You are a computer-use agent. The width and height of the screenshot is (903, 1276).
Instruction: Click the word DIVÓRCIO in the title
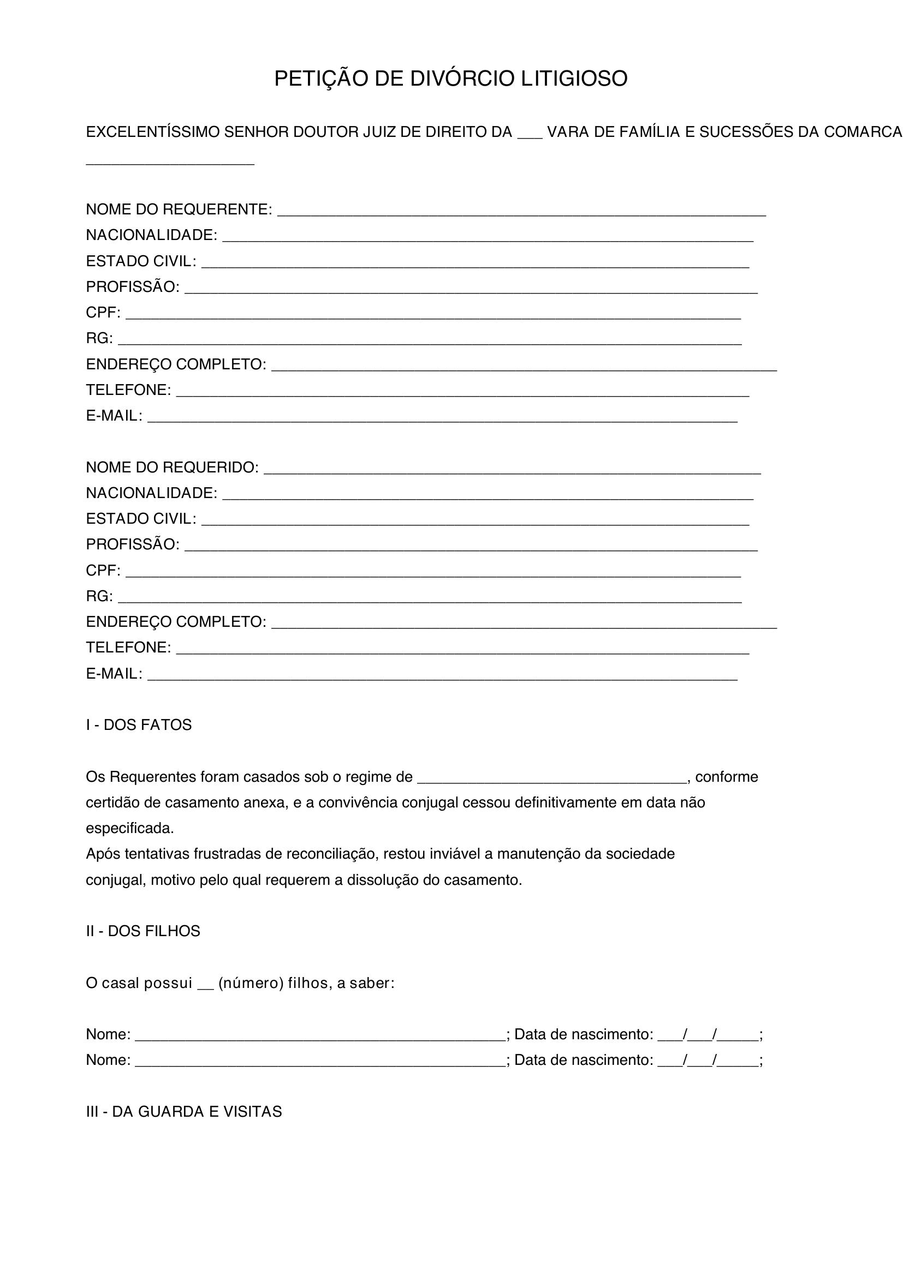pyautogui.click(x=462, y=79)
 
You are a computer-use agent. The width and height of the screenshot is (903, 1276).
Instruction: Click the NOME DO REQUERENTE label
pyautogui.click(x=179, y=209)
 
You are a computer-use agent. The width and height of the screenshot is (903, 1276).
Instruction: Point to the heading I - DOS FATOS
pyautogui.click(x=139, y=724)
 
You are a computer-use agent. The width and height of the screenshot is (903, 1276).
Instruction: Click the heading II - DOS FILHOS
pyautogui.click(x=143, y=931)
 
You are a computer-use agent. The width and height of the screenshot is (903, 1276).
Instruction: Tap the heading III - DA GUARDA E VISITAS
pyautogui.click(x=183, y=1111)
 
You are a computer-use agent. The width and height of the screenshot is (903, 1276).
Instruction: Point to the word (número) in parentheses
pyautogui.click(x=251, y=983)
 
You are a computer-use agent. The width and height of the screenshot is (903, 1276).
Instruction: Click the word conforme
pyautogui.click(x=727, y=777)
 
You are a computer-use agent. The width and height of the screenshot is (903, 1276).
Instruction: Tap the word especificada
pyautogui.click(x=129, y=829)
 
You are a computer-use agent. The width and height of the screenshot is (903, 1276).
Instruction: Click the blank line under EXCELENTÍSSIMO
pyautogui.click(x=170, y=164)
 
